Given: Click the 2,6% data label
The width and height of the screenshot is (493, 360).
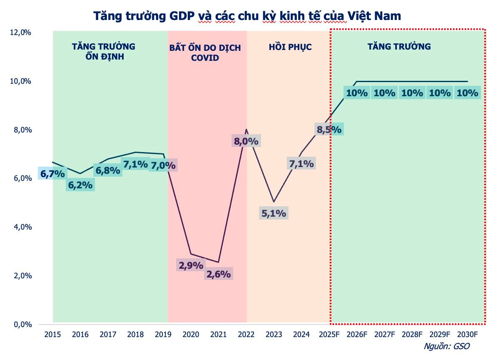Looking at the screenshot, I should coord(219,274).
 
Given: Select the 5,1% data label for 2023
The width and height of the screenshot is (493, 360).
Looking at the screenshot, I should coord(274,213).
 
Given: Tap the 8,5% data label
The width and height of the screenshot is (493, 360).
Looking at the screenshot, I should coord(329,129).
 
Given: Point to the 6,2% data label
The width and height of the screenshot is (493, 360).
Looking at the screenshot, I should coord(80,185).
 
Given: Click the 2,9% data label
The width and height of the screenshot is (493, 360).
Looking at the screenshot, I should coord(191,265).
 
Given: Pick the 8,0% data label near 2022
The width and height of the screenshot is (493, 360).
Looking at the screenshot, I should coord(246,141).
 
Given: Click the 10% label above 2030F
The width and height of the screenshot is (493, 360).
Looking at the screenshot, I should coord(467,93).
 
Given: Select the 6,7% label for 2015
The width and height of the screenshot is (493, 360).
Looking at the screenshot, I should coord(52,173).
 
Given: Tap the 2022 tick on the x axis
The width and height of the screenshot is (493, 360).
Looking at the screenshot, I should coord(246,334).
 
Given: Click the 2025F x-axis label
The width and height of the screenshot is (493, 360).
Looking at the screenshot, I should coord(329,334).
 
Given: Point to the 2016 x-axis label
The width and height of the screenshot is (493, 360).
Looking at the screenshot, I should coord(80,334).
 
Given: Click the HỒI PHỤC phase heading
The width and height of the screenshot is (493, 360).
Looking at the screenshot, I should coord(290,47).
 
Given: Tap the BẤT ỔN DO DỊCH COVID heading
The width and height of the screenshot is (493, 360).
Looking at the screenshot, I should coord(205,52).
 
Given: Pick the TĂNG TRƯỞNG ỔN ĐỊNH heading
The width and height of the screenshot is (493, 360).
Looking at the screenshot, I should coord(103,51).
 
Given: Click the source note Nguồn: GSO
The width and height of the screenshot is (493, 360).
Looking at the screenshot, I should coord(447,346).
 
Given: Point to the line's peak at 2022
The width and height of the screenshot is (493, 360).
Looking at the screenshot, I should coord(246,130).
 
